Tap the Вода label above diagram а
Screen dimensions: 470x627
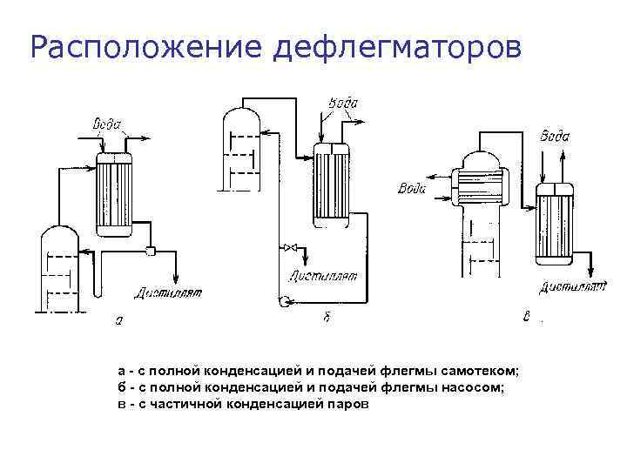pos(107,124)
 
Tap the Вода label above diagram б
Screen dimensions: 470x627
pos(343,104)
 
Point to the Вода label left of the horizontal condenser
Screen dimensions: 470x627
pos(412,189)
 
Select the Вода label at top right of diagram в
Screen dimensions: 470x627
pos(555,136)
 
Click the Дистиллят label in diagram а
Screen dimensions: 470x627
pos(168,292)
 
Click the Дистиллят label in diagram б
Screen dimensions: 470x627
pos(325,278)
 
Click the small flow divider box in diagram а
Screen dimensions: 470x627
pos(151,252)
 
